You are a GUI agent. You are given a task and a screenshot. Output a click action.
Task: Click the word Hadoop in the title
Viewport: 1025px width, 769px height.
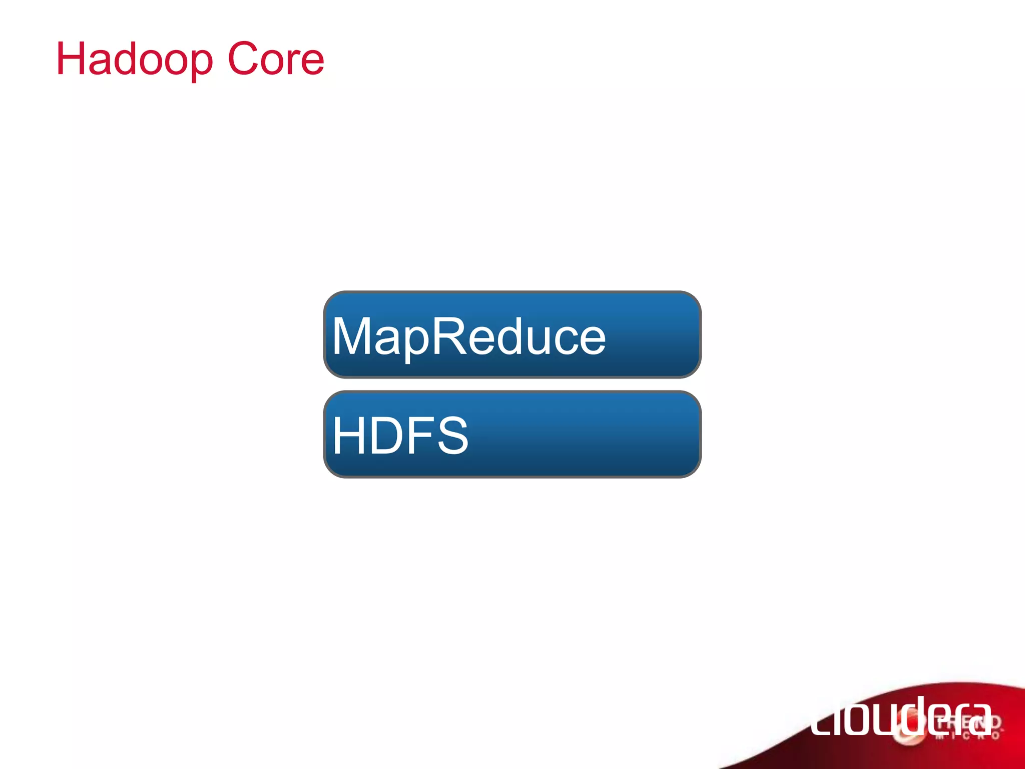(134, 59)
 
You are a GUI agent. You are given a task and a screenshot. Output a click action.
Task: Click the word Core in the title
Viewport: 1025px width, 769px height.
(276, 59)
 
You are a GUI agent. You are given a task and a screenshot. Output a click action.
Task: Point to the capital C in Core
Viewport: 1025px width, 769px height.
(244, 59)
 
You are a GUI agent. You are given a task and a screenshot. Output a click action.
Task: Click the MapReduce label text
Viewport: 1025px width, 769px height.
(468, 336)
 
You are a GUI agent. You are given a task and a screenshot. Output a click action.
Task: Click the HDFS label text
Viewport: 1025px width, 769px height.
(400, 436)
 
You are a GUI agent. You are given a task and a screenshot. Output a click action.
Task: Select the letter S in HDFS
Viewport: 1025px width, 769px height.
(452, 436)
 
